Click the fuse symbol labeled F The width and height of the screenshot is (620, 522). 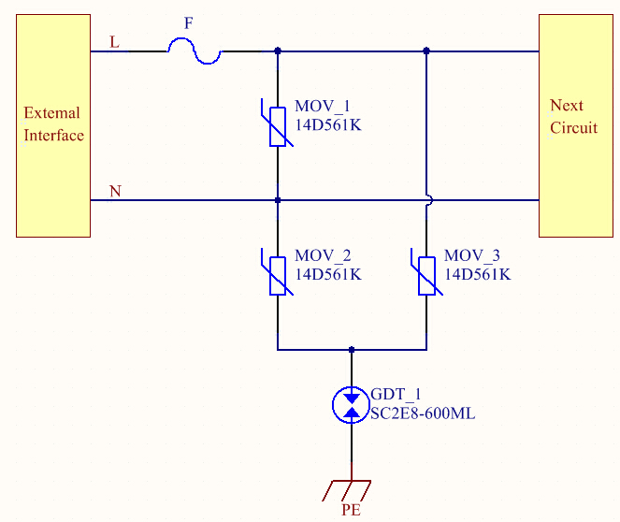194,53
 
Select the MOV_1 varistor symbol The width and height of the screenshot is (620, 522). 278,126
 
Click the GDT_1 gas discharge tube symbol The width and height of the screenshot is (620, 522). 352,403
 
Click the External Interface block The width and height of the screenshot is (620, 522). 53,125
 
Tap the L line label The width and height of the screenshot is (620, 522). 115,42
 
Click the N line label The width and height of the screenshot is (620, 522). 115,192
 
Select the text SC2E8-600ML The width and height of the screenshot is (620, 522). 423,413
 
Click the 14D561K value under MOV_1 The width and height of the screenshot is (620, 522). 327,123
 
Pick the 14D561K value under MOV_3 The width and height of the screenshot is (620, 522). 477,273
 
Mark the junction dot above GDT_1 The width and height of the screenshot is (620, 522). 352,350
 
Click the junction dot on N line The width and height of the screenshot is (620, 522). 278,200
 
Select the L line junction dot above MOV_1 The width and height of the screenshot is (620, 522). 278,51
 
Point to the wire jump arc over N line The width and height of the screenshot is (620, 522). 427,200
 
